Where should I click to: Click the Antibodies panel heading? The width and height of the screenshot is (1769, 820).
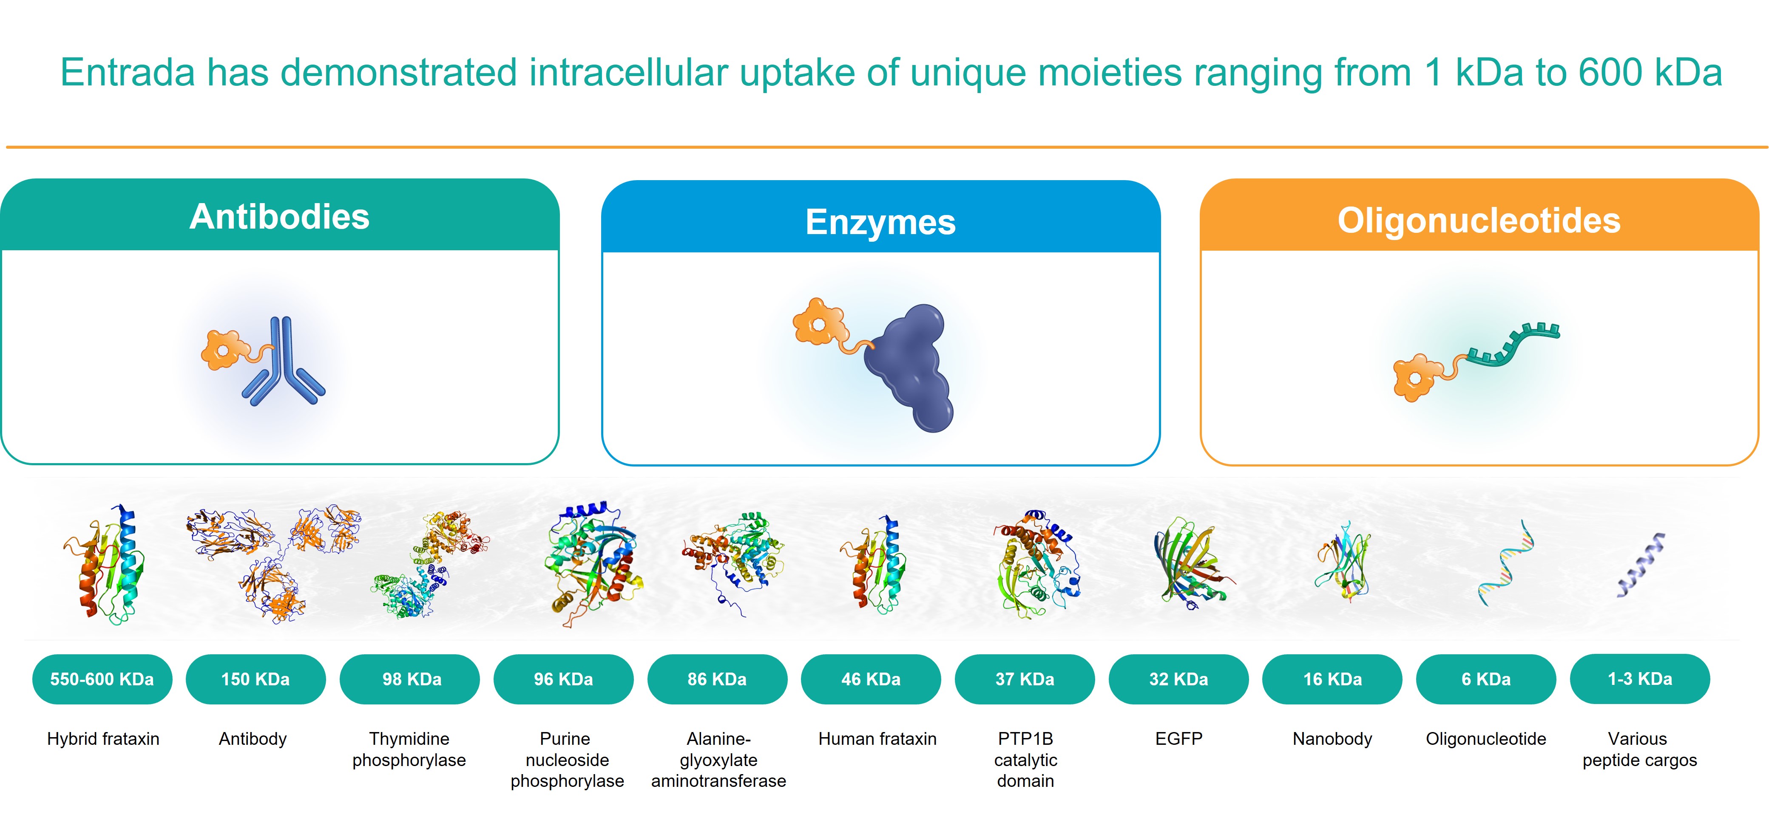(x=279, y=217)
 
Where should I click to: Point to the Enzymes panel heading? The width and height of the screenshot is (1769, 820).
(x=880, y=222)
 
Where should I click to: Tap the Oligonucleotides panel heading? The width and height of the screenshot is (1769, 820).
(x=1479, y=220)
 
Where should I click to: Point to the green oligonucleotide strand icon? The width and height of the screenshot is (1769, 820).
(x=1513, y=345)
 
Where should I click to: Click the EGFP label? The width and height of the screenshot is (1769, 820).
(x=1178, y=738)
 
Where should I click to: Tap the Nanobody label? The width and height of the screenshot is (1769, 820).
(x=1332, y=738)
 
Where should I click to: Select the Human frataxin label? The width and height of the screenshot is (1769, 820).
(x=877, y=738)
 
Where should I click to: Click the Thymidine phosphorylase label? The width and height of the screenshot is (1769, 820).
(x=409, y=749)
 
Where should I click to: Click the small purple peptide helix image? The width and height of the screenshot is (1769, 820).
(x=1641, y=564)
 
